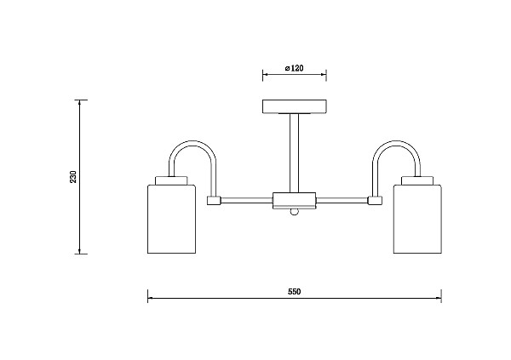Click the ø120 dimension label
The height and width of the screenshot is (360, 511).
click(x=294, y=68)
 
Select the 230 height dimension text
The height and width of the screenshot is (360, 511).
click(x=73, y=176)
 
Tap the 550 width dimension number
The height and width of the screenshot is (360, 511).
click(x=295, y=292)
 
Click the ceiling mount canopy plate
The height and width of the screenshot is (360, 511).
click(x=295, y=106)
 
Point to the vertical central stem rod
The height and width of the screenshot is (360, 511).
click(x=295, y=153)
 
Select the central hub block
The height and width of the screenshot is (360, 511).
click(x=295, y=200)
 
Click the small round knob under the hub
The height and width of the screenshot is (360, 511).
click(x=295, y=212)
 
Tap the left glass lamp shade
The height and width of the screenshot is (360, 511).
click(x=171, y=219)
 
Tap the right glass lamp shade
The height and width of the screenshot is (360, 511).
click(x=417, y=219)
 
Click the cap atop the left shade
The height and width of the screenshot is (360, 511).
click(x=171, y=180)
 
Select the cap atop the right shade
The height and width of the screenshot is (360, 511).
click(x=417, y=180)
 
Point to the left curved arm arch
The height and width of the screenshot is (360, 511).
click(x=192, y=143)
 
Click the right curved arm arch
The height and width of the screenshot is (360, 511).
click(x=396, y=143)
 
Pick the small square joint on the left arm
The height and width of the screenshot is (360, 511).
click(x=214, y=200)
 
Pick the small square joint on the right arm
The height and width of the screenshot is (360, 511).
click(x=375, y=200)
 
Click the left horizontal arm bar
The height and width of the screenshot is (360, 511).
click(x=247, y=200)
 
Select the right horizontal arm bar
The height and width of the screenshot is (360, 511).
click(x=342, y=200)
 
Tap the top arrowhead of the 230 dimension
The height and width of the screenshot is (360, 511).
click(x=79, y=102)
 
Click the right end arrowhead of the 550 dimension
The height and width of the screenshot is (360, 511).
click(x=439, y=298)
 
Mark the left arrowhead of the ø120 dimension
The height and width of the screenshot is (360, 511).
click(x=265, y=75)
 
